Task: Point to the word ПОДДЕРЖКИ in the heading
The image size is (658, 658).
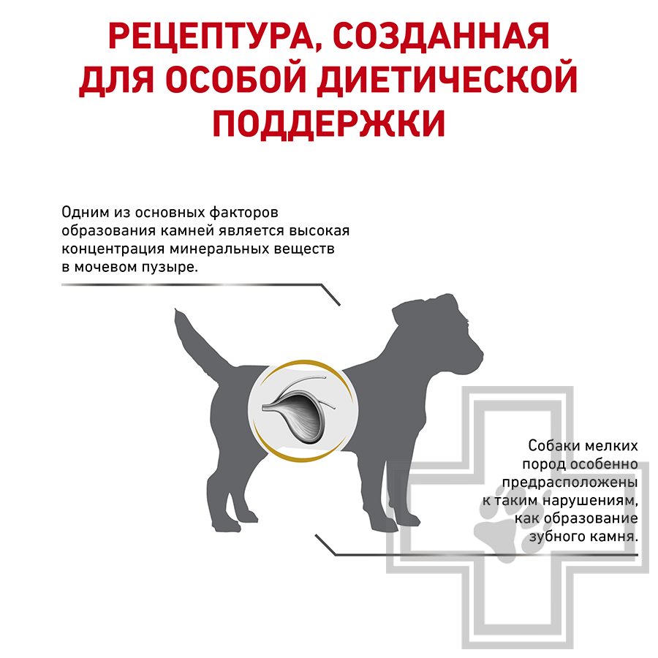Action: pos(328,124)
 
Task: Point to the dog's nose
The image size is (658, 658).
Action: pos(479,355)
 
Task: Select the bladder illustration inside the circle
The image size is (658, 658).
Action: pos(296,406)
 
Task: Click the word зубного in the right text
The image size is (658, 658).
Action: pos(553,537)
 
